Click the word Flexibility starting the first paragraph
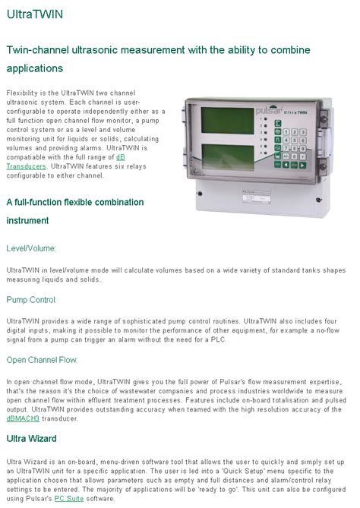pyautogui.click(x=21, y=92)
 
